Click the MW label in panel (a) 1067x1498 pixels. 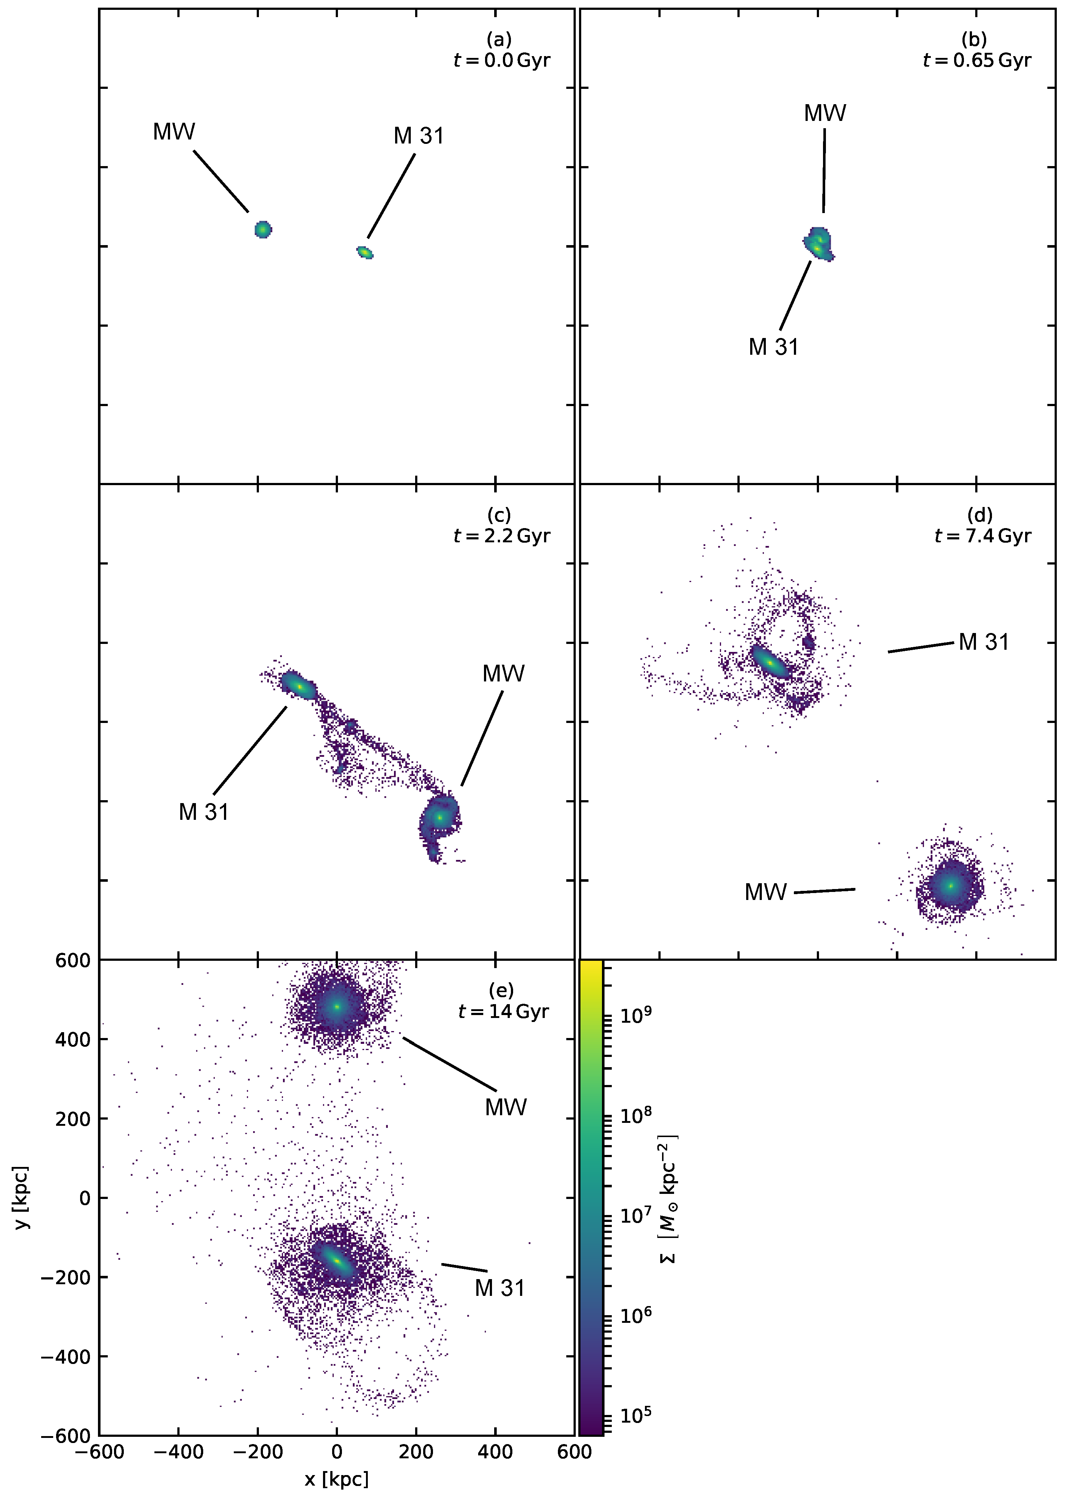(174, 132)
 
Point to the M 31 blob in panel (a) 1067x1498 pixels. (365, 252)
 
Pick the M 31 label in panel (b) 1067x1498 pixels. (773, 347)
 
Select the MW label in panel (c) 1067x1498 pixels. (503, 673)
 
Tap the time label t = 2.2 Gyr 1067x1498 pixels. (501, 536)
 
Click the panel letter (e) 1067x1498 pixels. (501, 990)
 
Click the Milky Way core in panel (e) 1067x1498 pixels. (336, 1007)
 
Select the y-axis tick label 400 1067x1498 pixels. (72, 1039)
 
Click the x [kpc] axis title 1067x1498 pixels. (336, 1478)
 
